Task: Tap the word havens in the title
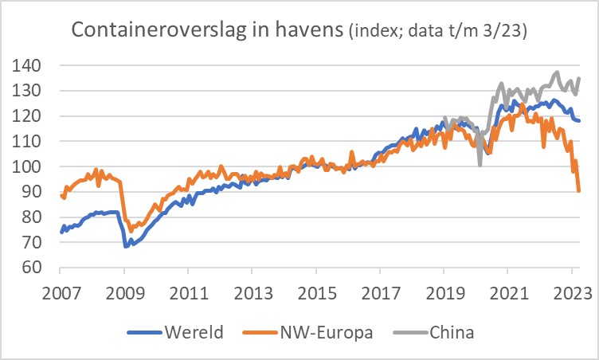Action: (311, 30)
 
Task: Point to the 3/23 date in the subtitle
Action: (507, 32)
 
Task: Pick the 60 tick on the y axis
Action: (41, 268)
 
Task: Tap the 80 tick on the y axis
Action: (41, 217)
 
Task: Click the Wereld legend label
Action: (196, 332)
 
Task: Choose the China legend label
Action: (453, 332)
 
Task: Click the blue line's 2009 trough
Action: (126, 246)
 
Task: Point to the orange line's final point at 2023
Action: (579, 191)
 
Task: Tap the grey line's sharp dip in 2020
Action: (480, 165)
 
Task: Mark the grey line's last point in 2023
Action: (579, 77)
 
